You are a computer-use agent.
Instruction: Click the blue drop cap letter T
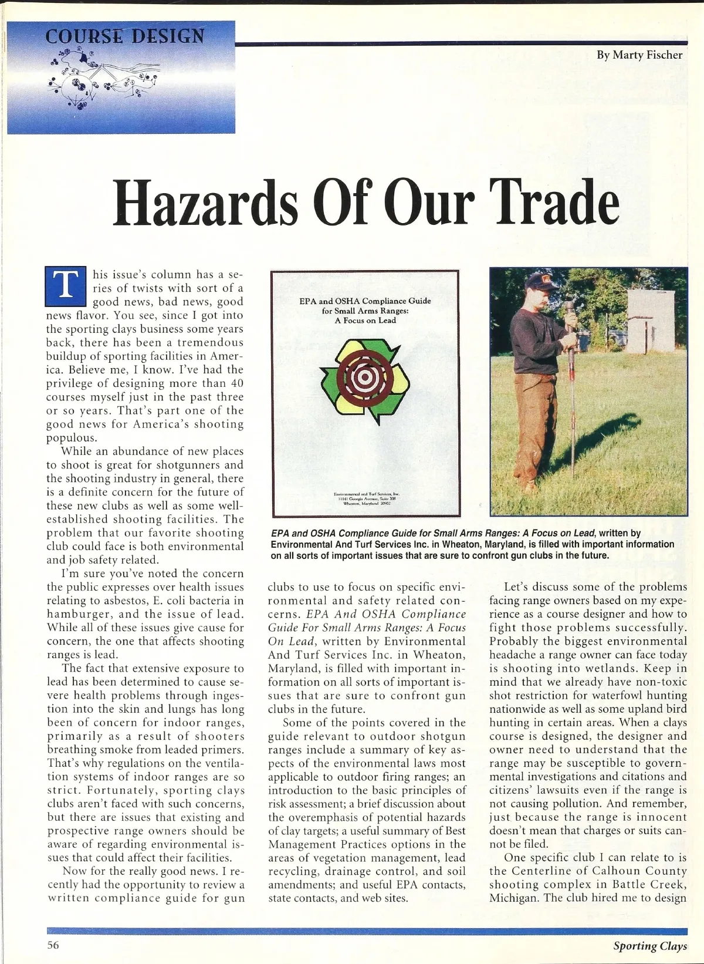click(66, 287)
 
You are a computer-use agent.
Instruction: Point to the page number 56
click(53, 945)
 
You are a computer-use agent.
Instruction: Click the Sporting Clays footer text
click(650, 946)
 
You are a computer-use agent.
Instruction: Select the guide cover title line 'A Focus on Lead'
click(365, 321)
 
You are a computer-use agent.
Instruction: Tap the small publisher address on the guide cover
click(365, 498)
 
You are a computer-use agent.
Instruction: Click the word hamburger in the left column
click(82, 614)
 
